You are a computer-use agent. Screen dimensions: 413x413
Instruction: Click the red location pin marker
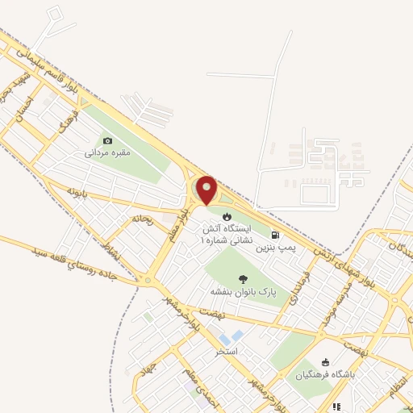coord(207,190)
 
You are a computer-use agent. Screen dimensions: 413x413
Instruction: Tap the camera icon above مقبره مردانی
coord(108,140)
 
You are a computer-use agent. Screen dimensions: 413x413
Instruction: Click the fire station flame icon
coord(227,216)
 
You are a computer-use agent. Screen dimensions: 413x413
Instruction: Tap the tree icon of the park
coord(243,279)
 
